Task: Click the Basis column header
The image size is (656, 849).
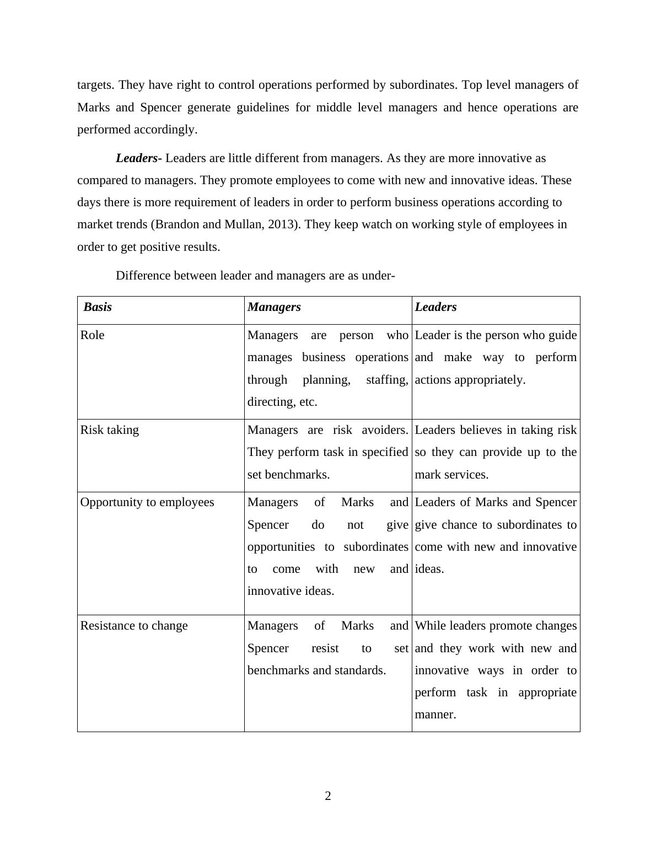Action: coord(98,307)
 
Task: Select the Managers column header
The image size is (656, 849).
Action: coord(274,307)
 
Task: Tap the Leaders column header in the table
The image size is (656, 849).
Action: coord(435,307)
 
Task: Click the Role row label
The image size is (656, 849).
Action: coord(92,335)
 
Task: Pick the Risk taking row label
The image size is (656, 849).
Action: coord(109,430)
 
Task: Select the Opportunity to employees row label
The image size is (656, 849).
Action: coord(147,502)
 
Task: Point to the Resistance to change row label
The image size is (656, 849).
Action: coord(134,626)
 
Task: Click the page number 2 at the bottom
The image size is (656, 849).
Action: coord(328,796)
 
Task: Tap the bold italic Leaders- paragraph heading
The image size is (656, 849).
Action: coord(138,158)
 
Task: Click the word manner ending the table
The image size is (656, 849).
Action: coord(435,714)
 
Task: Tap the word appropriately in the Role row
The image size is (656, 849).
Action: coord(470,380)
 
